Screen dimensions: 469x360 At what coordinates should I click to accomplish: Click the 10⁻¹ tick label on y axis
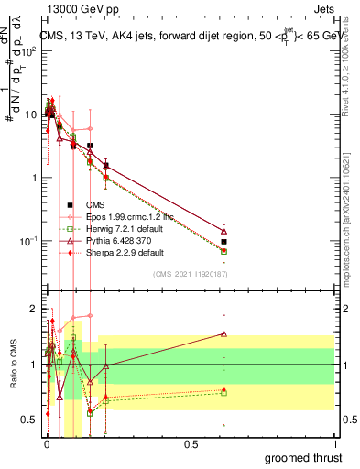click(x=27, y=241)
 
